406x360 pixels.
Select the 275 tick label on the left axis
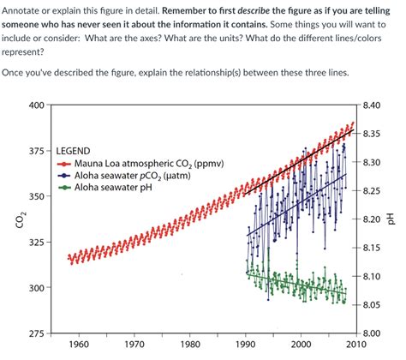tap(34, 333)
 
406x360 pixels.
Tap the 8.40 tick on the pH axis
tap(372, 105)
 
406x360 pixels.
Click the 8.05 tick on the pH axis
tap(372, 304)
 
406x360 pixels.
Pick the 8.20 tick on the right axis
tap(372, 219)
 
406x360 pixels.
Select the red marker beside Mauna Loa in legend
tap(66, 163)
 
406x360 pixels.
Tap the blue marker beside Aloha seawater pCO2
tap(66, 175)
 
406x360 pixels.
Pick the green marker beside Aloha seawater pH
tap(66, 188)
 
